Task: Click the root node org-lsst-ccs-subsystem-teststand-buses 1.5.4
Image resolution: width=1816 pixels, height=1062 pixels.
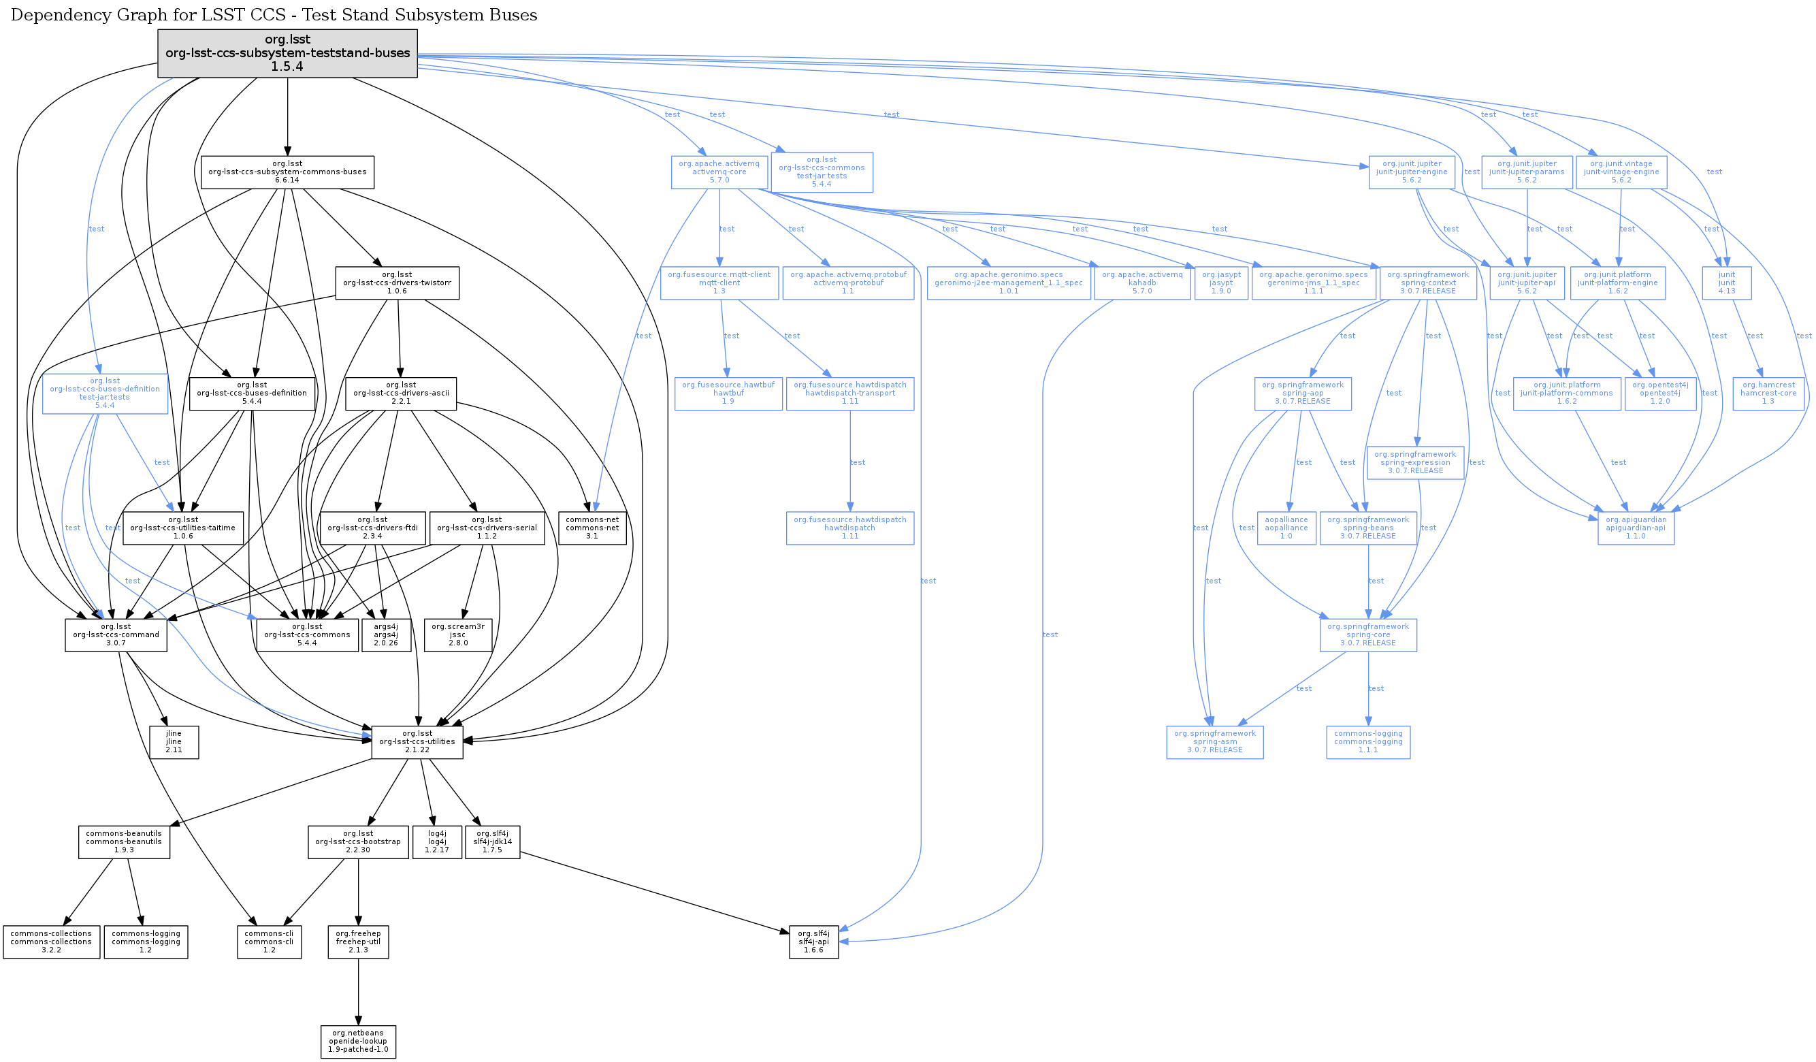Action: coord(287,53)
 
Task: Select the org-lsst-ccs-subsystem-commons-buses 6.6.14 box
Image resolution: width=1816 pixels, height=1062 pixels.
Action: coord(287,172)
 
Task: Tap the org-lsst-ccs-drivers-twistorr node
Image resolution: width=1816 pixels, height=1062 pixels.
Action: coord(397,283)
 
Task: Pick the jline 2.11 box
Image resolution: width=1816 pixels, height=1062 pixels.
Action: coord(174,742)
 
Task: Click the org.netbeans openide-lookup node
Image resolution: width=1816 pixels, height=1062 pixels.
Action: coord(358,1042)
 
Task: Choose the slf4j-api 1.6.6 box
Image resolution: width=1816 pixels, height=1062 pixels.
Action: coord(813,942)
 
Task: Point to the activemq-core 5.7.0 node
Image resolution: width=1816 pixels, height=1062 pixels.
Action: coord(719,172)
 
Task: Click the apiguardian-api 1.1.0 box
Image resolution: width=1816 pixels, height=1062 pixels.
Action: coord(1636,528)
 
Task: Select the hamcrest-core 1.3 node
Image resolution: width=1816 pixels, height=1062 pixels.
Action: coord(1768,393)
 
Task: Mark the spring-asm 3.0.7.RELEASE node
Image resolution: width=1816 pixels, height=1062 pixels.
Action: coord(1215,742)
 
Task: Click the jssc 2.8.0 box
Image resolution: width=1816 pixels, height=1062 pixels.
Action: coord(458,634)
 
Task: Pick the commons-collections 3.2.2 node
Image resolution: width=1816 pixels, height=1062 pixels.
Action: coord(51,942)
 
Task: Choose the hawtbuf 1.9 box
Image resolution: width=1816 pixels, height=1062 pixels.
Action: coord(728,393)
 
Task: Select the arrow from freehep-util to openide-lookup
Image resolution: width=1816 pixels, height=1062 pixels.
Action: coord(358,991)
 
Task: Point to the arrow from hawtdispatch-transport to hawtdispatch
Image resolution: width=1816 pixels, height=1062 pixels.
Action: coord(850,462)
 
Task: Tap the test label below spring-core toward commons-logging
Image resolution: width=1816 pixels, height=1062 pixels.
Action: coord(1376,688)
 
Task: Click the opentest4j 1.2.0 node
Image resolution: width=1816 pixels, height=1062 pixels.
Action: coord(1660,393)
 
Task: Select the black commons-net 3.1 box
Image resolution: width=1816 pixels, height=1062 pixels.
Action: coord(592,528)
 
